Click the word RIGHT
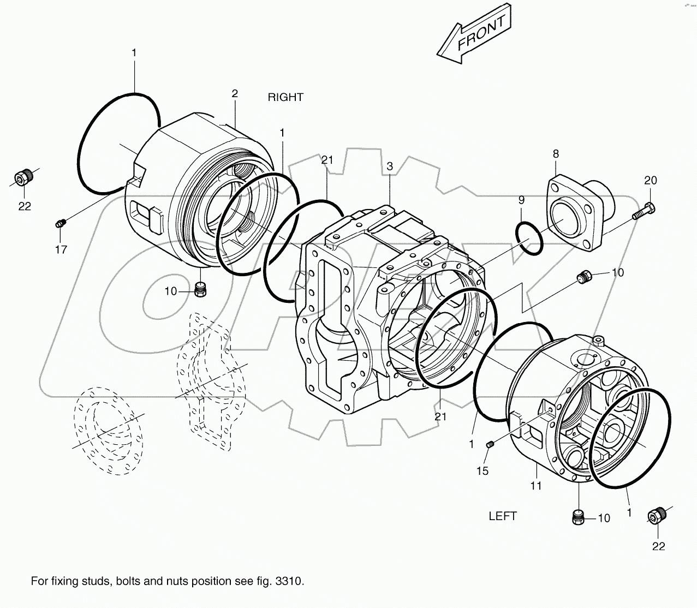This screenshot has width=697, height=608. click(285, 97)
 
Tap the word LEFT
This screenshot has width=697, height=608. click(502, 516)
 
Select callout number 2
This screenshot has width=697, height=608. click(235, 93)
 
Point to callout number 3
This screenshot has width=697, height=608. click(390, 166)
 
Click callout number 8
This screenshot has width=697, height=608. click(556, 154)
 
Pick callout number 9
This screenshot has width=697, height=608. click(521, 200)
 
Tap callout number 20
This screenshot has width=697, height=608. click(650, 181)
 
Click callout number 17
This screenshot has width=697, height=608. click(61, 249)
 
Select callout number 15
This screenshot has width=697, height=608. click(482, 470)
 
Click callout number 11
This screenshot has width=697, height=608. click(536, 485)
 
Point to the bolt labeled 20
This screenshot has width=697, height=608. click(644, 211)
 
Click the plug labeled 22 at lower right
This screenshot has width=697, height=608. click(657, 516)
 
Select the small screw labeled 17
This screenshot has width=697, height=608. click(61, 222)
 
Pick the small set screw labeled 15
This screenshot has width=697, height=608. click(490, 445)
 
